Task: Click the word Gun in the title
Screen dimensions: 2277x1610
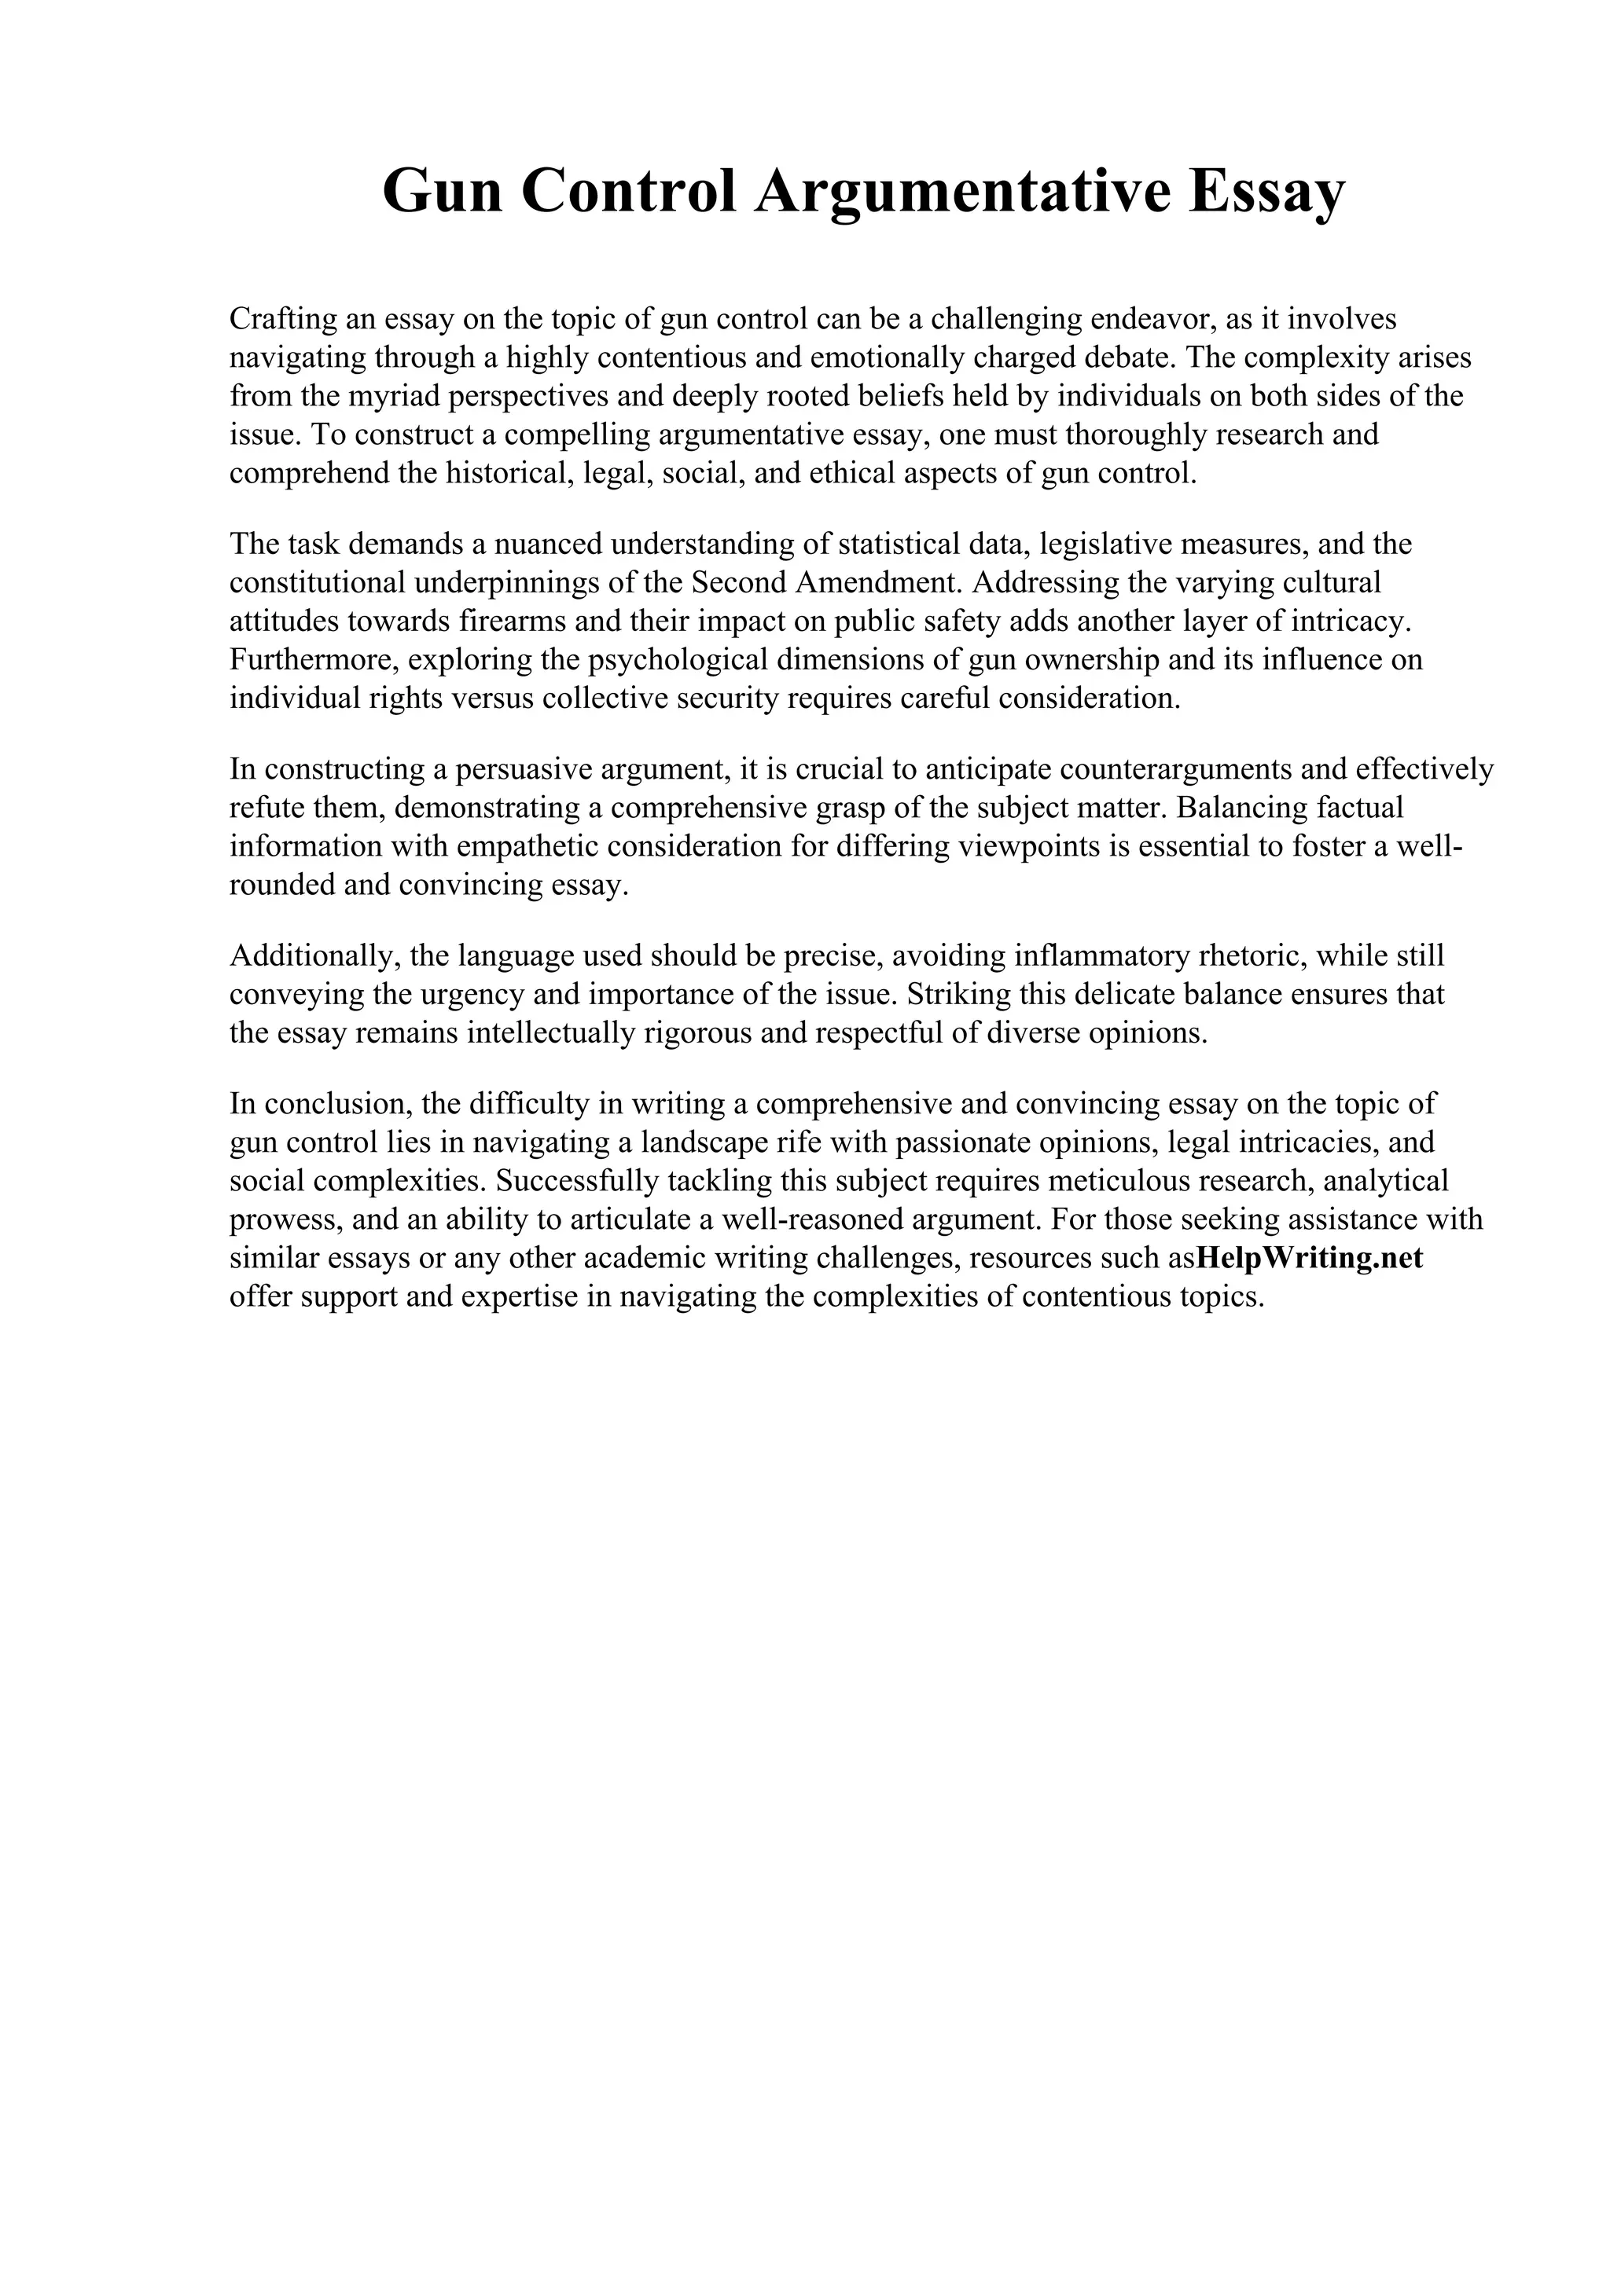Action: coord(443,192)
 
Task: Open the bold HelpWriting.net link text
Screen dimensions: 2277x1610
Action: coord(1310,1257)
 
